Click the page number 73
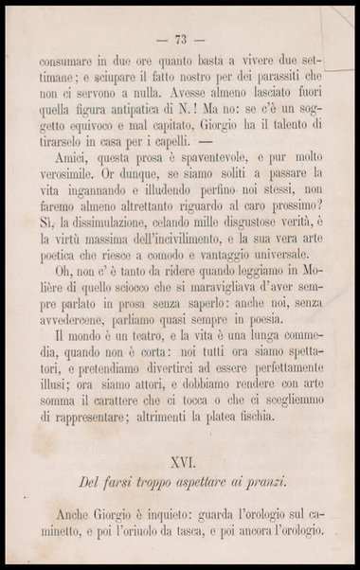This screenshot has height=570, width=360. [181, 39]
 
